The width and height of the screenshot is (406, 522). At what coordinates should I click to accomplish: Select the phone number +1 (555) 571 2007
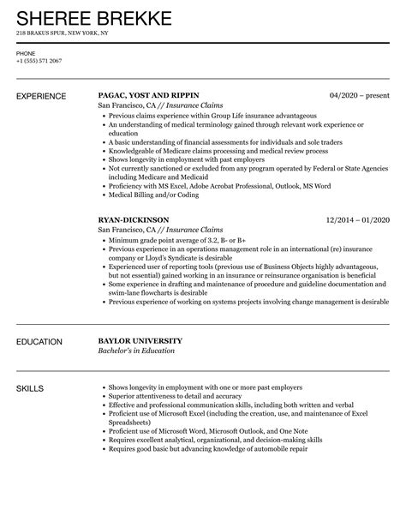[x=39, y=60]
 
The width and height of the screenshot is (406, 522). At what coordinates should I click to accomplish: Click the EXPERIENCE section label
[x=44, y=96]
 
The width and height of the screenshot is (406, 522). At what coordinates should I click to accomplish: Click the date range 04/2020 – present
[x=361, y=96]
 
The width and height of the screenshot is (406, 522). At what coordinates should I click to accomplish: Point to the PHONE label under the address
[x=25, y=53]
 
